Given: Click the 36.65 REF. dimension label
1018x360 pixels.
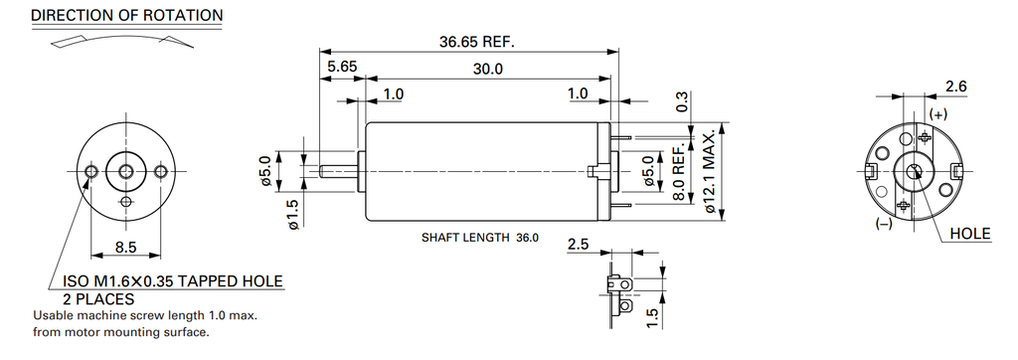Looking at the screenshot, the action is coord(476,42).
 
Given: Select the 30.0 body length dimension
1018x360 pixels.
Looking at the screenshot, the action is coord(487,69).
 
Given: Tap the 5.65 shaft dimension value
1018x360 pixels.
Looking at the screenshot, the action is coord(342,67).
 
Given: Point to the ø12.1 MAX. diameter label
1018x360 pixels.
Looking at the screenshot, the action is coord(710,171).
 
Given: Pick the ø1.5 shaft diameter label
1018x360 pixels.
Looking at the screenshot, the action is coord(292,215).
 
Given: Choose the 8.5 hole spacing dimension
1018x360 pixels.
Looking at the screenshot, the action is coord(126,247).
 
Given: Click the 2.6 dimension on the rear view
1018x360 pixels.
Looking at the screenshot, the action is coord(956,86).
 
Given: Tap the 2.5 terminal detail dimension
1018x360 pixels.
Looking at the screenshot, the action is coord(578,245).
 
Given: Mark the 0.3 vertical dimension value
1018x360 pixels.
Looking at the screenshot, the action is coord(682,101).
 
